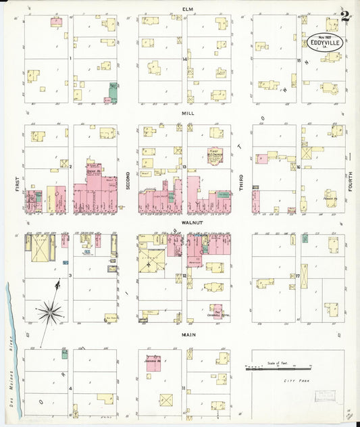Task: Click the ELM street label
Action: [x=188, y=8]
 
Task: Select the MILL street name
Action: [x=188, y=114]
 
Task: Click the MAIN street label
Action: [x=188, y=334]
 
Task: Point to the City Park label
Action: [x=294, y=382]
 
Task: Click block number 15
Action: [x=298, y=60]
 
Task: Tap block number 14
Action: [x=184, y=60]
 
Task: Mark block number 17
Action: [x=298, y=276]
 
